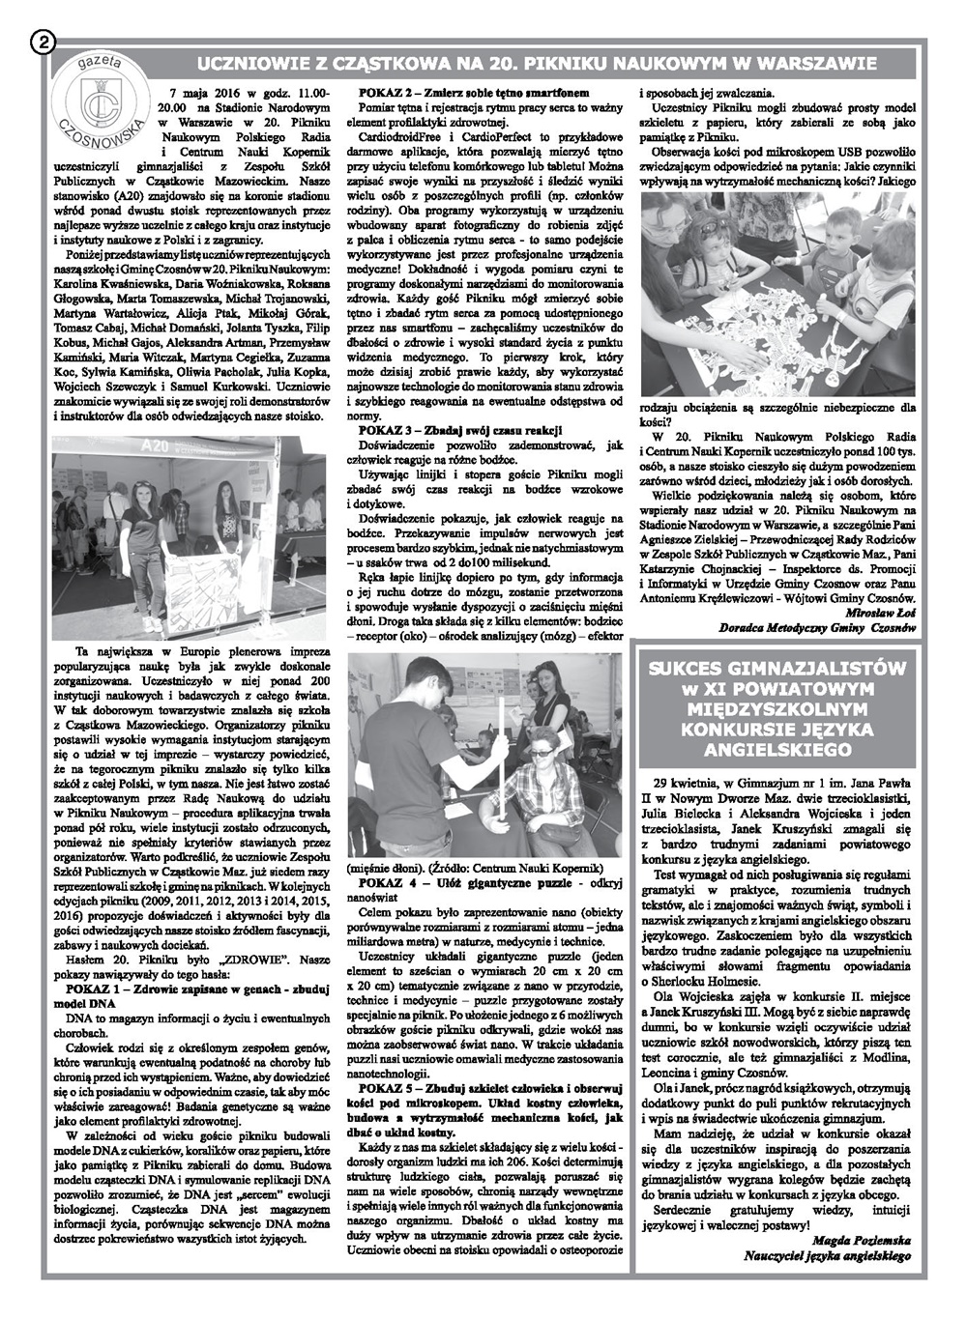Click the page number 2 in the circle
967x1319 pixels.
[x=45, y=42]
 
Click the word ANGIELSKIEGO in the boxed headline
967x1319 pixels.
[x=778, y=747]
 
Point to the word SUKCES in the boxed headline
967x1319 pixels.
[x=694, y=668]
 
